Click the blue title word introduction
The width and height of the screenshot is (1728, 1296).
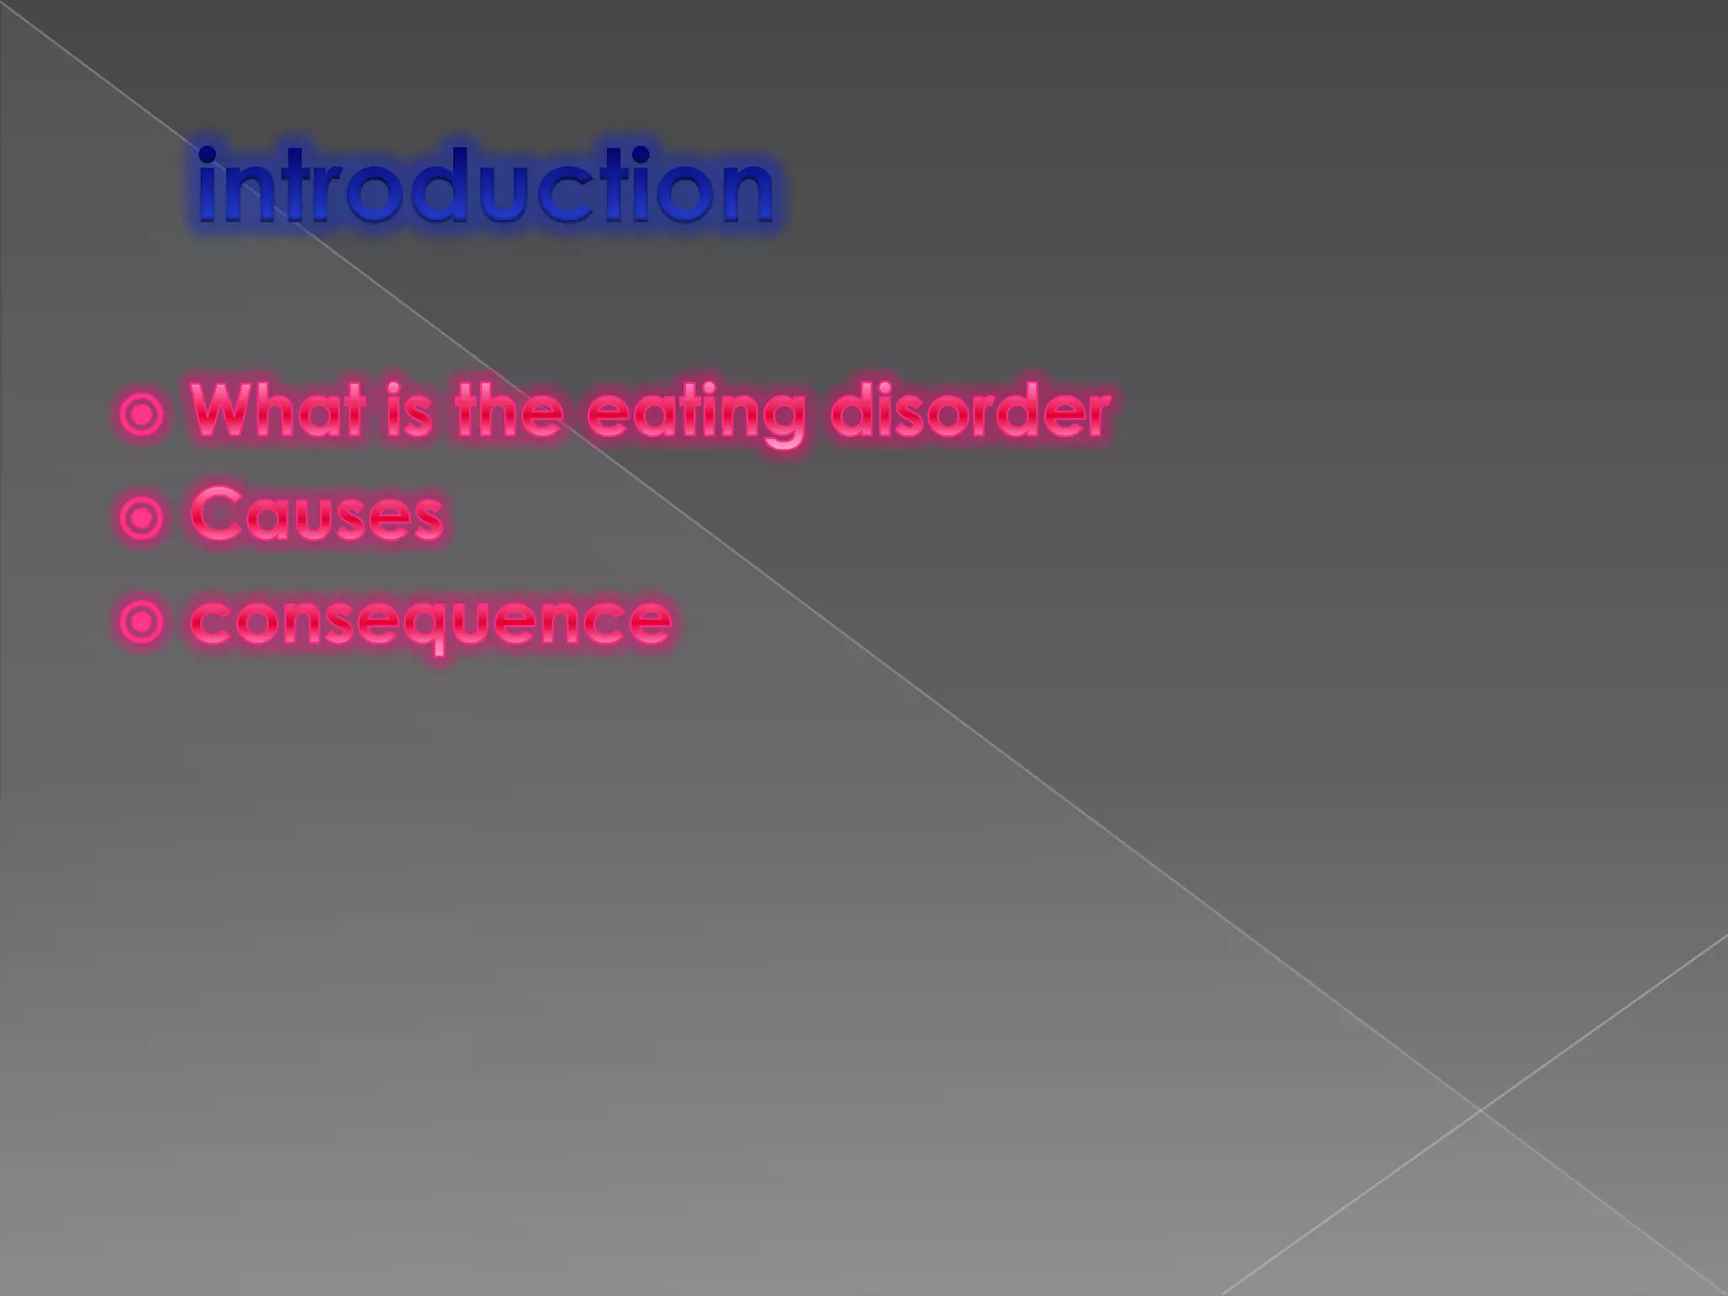pyautogui.click(x=485, y=186)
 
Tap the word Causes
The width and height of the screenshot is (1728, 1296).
pyautogui.click(x=317, y=515)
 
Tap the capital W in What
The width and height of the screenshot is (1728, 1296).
pyautogui.click(x=224, y=409)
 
